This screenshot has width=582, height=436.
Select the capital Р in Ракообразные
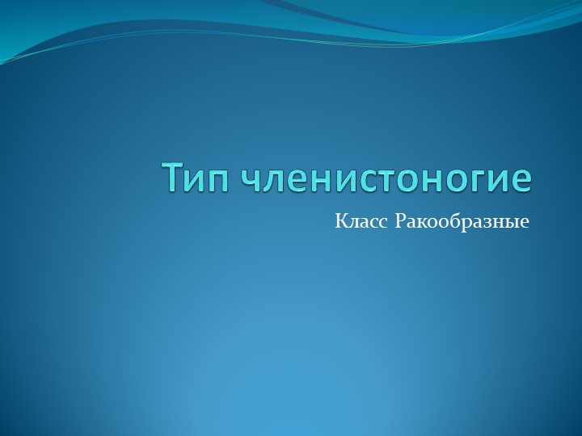tap(399, 220)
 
